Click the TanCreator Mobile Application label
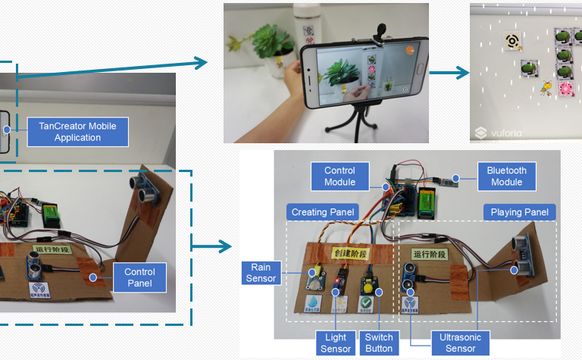click(77, 132)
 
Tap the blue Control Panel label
click(139, 277)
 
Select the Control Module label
click(339, 176)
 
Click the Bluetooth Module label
click(506, 176)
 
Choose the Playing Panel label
click(520, 212)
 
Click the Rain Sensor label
click(261, 273)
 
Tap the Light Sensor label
click(336, 343)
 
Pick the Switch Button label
click(379, 343)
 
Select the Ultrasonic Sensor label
click(461, 343)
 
